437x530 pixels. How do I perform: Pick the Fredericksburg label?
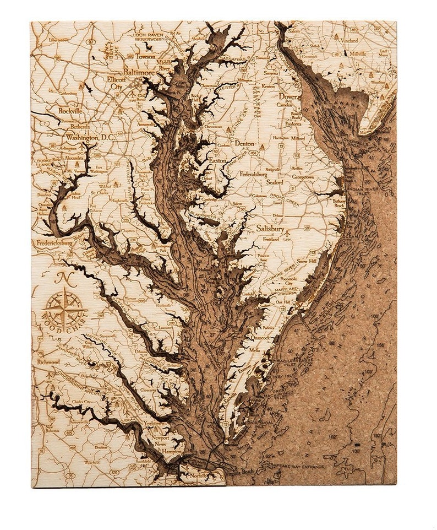pyautogui.click(x=55, y=242)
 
